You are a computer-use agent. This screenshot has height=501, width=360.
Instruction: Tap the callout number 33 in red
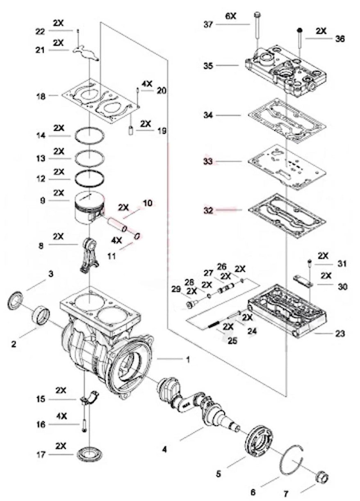coord(209,162)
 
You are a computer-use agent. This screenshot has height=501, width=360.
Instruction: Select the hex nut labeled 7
coord(321,478)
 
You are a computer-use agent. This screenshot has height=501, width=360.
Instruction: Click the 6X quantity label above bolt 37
coord(231,16)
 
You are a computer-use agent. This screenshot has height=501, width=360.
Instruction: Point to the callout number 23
coord(339,333)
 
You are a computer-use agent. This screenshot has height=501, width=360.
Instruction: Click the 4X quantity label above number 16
coord(61,416)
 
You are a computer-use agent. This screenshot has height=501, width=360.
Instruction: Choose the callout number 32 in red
coord(209,210)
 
